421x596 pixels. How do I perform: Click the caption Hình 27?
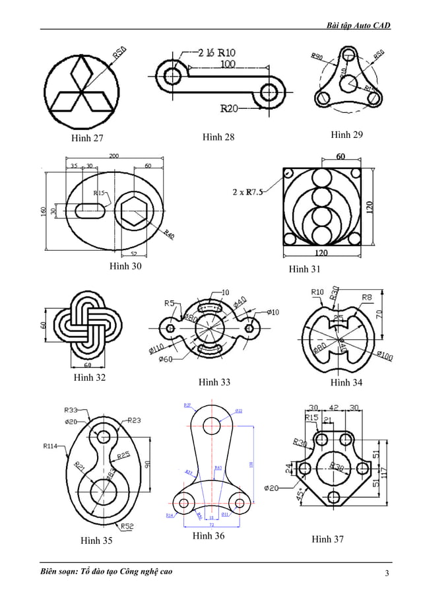(88, 139)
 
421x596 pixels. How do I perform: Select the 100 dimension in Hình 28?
(228, 64)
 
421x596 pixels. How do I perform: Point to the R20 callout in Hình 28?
(230, 108)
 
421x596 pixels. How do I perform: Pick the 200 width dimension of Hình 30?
(114, 156)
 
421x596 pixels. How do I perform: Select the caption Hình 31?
(304, 269)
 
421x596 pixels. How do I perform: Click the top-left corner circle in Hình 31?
(289, 173)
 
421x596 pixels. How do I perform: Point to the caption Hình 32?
(90, 378)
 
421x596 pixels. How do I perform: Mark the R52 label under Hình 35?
(127, 526)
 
